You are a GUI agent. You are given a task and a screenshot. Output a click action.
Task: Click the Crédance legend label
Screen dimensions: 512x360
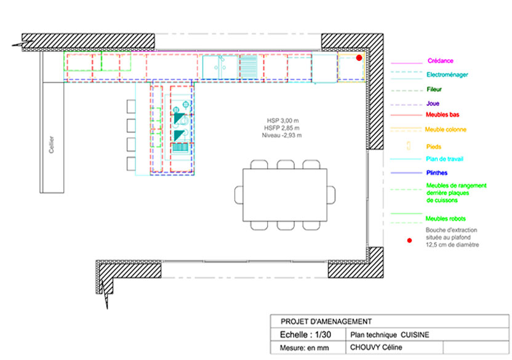coord(440,61)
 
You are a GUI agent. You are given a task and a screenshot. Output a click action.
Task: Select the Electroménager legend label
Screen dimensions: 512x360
coord(447,75)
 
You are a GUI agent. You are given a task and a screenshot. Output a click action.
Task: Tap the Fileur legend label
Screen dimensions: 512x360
coord(434,89)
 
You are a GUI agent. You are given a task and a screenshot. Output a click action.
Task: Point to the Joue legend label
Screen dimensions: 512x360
coord(433,103)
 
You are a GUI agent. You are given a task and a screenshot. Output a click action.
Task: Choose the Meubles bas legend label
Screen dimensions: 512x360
coord(442,114)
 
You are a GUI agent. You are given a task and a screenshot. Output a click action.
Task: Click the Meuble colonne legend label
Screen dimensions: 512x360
coord(446,129)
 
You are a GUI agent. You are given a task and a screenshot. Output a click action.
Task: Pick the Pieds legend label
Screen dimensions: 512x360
coord(434,146)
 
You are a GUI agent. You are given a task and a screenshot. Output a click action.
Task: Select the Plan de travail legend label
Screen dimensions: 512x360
coord(444,159)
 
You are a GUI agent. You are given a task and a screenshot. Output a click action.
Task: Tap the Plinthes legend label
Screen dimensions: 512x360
coord(436,173)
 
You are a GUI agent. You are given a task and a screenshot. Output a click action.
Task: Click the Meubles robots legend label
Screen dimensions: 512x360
coord(446,219)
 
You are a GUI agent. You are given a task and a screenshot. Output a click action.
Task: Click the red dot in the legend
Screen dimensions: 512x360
coord(409,241)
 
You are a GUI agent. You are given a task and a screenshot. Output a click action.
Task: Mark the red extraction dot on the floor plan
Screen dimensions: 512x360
coord(359,58)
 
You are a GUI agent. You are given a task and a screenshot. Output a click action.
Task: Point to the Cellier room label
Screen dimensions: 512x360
coord(51,145)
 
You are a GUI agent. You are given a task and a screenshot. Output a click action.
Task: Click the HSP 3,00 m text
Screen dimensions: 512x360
coord(283,121)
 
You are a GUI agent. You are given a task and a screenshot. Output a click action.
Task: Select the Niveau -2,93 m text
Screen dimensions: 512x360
coord(282,135)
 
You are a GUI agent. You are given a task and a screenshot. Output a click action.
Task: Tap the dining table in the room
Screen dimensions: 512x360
coord(285,195)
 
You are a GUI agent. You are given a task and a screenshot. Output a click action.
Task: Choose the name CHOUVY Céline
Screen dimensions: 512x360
coord(376,347)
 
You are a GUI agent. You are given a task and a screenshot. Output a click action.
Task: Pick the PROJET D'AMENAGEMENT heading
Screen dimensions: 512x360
coord(326,321)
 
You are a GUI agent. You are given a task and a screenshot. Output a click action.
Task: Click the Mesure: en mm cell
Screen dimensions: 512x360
coord(305,348)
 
